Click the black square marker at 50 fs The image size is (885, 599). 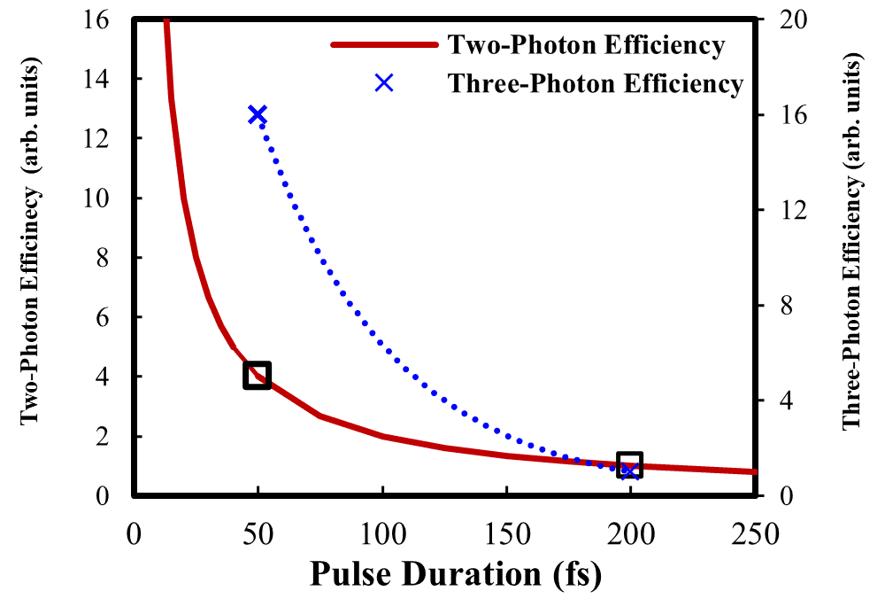point(257,376)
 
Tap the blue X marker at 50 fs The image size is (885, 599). point(258,114)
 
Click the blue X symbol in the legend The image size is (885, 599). point(383,83)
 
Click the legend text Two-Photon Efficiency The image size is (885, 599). point(586,44)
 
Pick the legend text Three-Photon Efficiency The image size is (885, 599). point(595,83)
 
